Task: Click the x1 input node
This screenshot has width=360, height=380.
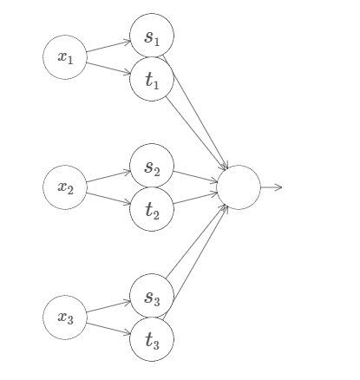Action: (65, 57)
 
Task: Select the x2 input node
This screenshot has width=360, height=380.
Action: (65, 187)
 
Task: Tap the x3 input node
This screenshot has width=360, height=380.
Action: (65, 318)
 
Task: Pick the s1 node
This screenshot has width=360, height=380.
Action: (152, 36)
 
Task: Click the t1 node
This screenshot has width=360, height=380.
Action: (152, 79)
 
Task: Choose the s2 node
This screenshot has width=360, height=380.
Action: (152, 166)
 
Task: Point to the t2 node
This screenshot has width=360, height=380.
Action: (152, 209)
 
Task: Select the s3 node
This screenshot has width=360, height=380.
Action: (152, 296)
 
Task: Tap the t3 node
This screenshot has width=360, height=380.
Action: (152, 339)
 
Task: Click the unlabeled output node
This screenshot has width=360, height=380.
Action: (239, 187)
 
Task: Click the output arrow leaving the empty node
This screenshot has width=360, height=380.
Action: (272, 187)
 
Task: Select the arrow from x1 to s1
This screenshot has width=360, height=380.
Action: (108, 47)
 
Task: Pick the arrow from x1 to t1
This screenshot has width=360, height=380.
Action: (108, 69)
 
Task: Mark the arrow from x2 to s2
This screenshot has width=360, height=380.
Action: (108, 177)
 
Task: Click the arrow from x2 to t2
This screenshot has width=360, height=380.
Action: (108, 199)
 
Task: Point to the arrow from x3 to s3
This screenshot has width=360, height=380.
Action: (108, 307)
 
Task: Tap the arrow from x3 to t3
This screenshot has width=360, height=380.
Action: (108, 329)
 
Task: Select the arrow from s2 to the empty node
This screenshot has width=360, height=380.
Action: (195, 177)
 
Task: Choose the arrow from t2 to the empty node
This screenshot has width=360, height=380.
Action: (195, 199)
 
